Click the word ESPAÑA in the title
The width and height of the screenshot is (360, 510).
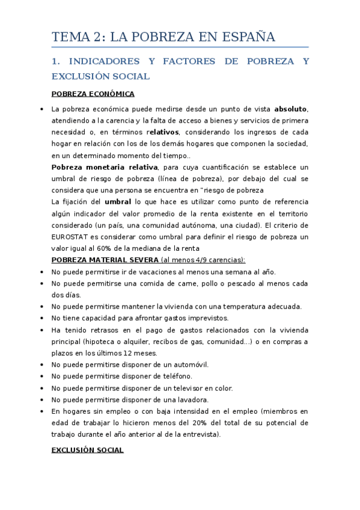(245, 37)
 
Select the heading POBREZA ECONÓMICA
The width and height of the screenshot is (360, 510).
(93, 94)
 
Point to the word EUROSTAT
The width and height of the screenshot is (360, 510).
(71, 237)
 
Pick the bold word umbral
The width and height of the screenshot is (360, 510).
(118, 201)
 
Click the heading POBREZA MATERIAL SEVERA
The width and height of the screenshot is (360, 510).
(105, 259)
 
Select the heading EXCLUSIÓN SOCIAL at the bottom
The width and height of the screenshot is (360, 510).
(88, 450)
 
